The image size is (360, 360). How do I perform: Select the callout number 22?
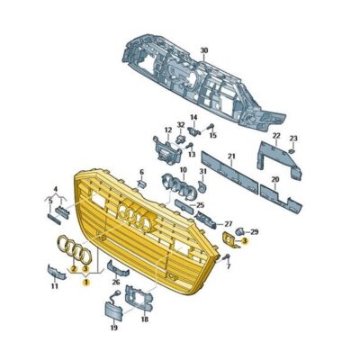[276, 136]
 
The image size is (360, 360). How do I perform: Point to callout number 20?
[274, 179]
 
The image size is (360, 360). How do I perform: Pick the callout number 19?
[113, 328]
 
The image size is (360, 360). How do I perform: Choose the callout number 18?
[145, 318]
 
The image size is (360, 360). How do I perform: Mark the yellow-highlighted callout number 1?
[86, 282]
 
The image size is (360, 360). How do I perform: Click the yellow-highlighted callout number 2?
[73, 268]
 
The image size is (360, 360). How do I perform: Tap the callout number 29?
[254, 231]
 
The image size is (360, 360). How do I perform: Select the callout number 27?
[228, 223]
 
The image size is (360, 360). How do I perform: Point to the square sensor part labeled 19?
[113, 309]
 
